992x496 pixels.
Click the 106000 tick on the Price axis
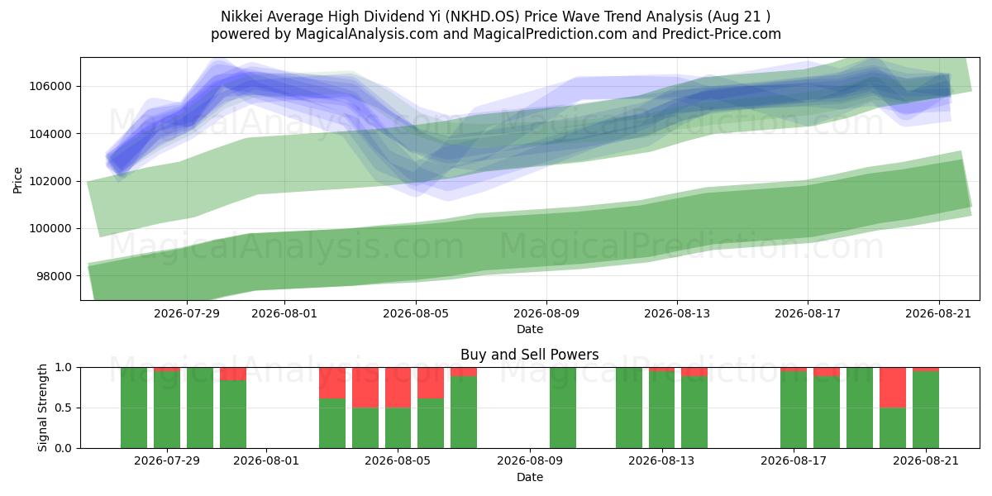(x=50, y=86)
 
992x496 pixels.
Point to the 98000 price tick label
(x=54, y=276)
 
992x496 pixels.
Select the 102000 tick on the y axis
(x=50, y=182)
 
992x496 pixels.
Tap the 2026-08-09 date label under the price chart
(x=546, y=314)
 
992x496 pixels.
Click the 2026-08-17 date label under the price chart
(x=808, y=314)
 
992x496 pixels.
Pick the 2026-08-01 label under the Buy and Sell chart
(x=266, y=461)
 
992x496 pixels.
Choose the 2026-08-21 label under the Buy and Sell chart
(x=926, y=461)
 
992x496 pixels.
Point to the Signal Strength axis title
(x=42, y=408)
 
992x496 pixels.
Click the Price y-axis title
(x=17, y=180)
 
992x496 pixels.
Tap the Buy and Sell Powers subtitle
(x=530, y=355)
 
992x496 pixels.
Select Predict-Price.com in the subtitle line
(x=722, y=34)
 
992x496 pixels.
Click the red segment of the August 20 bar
(x=893, y=388)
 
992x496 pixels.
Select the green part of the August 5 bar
(x=398, y=428)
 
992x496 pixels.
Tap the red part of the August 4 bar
(x=365, y=388)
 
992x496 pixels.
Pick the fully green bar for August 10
(x=563, y=408)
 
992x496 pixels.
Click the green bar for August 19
(x=860, y=408)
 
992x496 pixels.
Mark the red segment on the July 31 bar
(x=233, y=374)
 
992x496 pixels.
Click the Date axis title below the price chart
(x=530, y=330)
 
